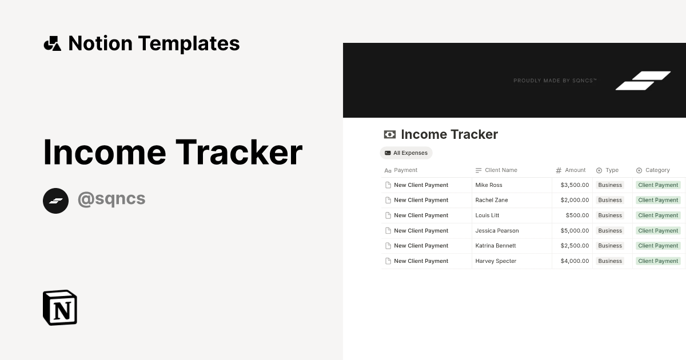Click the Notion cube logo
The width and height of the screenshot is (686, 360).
tap(60, 307)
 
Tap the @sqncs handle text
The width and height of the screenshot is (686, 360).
tap(111, 199)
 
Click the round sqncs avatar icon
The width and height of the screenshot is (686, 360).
tap(55, 201)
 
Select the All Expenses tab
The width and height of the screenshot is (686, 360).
tap(406, 153)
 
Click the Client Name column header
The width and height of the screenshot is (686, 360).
tap(501, 170)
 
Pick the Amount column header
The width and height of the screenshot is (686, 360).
tap(575, 170)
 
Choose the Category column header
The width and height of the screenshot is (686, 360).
tap(657, 170)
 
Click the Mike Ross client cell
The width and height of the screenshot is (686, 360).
tap(489, 185)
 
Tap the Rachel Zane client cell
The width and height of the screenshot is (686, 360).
tap(492, 200)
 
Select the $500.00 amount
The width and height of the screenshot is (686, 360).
tap(577, 215)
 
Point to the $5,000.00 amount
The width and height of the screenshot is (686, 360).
tap(575, 231)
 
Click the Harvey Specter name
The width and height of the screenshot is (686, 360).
tap(496, 261)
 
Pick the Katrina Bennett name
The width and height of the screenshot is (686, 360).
tap(496, 246)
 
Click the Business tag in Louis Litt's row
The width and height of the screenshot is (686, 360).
tap(610, 215)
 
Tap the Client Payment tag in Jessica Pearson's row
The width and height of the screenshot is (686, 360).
tap(658, 231)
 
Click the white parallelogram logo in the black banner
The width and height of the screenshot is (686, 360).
tap(643, 81)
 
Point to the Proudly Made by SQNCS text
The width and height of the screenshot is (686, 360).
tap(555, 81)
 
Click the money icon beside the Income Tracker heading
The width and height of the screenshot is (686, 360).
tap(389, 135)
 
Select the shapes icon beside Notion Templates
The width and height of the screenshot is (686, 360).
tap(52, 43)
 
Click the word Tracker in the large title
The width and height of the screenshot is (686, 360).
tap(239, 153)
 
